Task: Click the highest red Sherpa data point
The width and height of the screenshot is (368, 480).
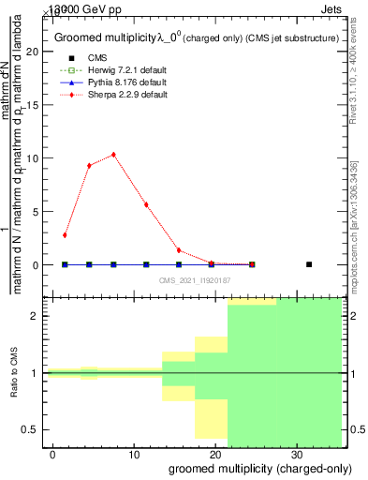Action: pos(113,155)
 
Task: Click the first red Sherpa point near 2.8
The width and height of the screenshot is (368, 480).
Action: pos(65,235)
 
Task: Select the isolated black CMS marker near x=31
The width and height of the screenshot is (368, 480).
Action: pos(309,264)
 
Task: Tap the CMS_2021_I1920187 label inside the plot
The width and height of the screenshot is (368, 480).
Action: pos(195,280)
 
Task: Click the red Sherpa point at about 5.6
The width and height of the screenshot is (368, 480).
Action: pos(146,204)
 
